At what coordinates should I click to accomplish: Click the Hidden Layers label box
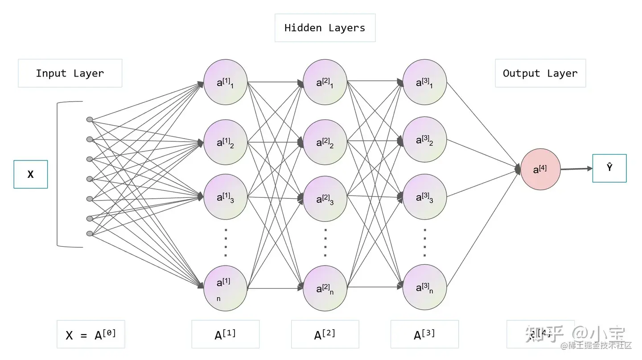[325, 28]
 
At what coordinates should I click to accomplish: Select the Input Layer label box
[70, 74]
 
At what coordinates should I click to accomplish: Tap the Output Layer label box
[540, 74]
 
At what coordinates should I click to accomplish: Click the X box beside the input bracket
[30, 174]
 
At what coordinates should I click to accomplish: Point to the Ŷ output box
[609, 168]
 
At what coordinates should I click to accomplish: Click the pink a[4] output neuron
[540, 169]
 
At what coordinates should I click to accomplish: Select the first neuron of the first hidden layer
[225, 82]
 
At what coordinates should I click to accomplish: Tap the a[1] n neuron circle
[225, 288]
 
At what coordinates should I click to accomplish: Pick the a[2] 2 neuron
[325, 143]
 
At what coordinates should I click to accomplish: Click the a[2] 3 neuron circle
[325, 199]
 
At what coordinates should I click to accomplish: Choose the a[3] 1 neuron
[424, 82]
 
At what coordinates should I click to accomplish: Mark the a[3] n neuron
[424, 287]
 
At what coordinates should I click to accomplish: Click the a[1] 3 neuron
[225, 197]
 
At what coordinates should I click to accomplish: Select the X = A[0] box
[91, 334]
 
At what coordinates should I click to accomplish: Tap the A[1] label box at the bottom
[225, 334]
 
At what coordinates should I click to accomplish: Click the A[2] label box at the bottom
[325, 334]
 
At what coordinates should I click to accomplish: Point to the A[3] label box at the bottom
[424, 334]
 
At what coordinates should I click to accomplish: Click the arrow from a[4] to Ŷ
[576, 169]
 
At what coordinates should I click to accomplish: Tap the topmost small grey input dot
[90, 119]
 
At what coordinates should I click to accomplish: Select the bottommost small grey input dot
[90, 233]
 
